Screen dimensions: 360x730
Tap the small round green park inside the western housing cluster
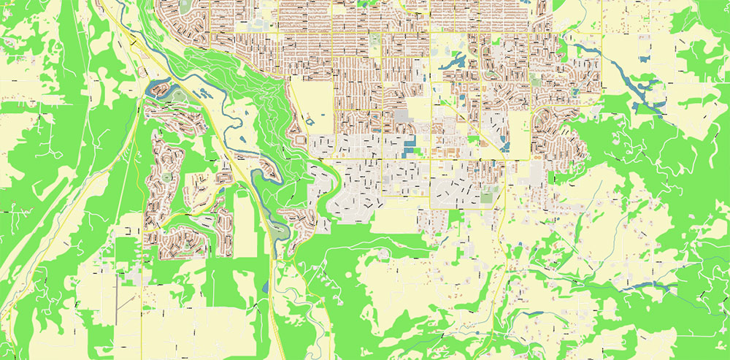pos(167,176)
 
